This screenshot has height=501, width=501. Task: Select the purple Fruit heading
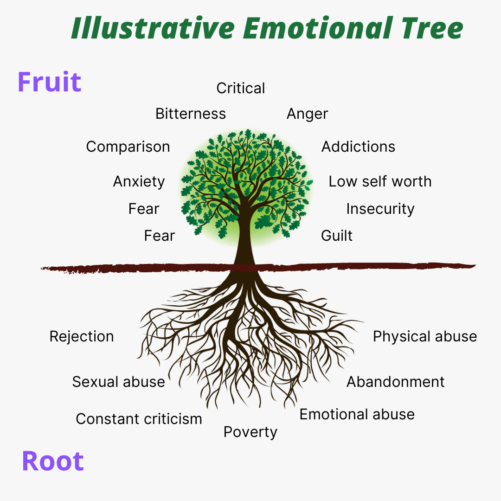point(50,82)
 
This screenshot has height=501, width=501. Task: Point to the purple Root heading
point(53,461)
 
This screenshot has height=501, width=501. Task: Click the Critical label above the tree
point(241,88)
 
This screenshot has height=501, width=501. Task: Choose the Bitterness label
point(191,114)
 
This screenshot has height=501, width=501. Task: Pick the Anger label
point(307,114)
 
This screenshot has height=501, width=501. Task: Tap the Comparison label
point(128,147)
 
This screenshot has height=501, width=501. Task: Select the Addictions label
point(358,147)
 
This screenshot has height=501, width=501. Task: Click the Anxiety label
point(139,181)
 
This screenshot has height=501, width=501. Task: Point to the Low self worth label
point(380,181)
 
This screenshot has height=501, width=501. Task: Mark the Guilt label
point(337,236)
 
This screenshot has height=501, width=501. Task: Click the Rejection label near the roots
point(82,336)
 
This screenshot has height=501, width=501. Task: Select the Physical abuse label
point(425,336)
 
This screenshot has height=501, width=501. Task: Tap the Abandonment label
point(396,382)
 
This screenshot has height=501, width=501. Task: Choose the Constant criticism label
point(139,419)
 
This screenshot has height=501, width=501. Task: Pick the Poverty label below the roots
point(250,432)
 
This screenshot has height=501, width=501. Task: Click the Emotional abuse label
point(357,414)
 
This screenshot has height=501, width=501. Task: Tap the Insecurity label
point(380,209)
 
